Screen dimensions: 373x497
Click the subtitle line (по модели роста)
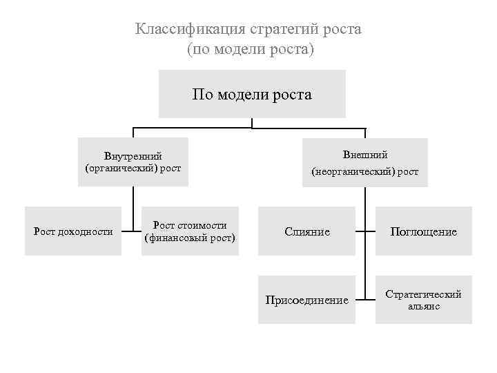[x=250, y=50]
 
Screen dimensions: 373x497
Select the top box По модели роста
[x=252, y=94]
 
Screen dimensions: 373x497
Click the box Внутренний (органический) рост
[x=133, y=162]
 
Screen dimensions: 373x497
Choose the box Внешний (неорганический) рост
[x=364, y=162]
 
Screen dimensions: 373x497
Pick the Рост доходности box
[x=73, y=231]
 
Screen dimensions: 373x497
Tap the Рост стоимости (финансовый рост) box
[x=190, y=231]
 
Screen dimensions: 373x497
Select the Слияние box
[x=307, y=231]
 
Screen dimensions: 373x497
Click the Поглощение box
[x=424, y=231]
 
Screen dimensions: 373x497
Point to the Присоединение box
[x=307, y=300]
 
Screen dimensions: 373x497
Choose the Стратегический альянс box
[x=424, y=300]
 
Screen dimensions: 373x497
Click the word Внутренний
[x=133, y=156]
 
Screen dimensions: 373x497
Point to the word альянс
[x=424, y=306]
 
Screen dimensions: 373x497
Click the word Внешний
[x=365, y=155]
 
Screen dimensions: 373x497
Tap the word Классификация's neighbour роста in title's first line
[x=342, y=29]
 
